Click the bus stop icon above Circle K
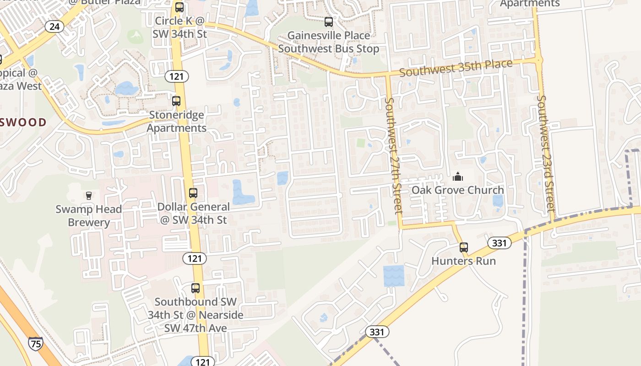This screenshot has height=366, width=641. pos(179,7)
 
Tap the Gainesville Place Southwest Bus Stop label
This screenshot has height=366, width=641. pos(329,42)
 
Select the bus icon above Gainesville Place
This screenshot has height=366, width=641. pos(329,22)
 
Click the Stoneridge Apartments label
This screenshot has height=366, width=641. pos(177,121)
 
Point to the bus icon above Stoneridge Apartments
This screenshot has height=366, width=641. pos(176,101)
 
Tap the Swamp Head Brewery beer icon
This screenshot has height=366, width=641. pos(89,196)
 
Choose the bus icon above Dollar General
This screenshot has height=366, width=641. pos(193,193)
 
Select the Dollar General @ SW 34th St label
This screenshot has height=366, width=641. pos(193,213)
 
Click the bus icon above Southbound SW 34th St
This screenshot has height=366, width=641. pos(196,288)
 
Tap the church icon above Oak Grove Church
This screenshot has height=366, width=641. pos(457,177)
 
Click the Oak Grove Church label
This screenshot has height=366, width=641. pos(457,190)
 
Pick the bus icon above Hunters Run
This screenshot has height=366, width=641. pos(464,248)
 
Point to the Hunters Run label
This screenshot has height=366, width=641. pos(464,261)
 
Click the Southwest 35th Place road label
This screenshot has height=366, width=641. pos(456,69)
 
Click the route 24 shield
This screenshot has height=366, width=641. pos(54,27)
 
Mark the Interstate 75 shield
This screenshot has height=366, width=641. pos(36,343)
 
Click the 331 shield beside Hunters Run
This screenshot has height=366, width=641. pos(499,243)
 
